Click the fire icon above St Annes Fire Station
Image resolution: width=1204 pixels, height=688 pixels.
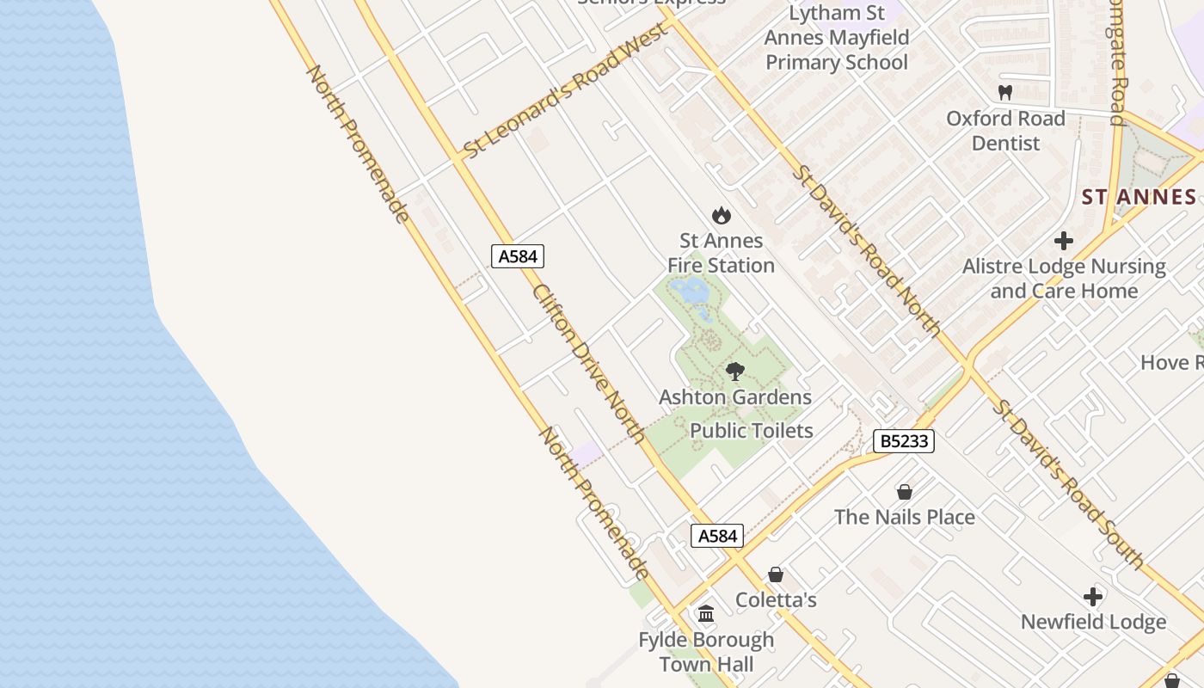721,216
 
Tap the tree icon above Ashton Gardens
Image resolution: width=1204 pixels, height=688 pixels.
734,372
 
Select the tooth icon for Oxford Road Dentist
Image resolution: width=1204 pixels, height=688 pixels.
1004,92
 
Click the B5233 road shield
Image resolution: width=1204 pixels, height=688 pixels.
903,441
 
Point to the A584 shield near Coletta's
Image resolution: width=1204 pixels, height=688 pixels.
717,536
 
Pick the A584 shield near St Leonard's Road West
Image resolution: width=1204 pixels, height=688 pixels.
518,256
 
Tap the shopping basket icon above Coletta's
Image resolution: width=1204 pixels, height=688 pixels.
776,574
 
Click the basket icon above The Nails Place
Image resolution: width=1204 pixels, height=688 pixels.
904,492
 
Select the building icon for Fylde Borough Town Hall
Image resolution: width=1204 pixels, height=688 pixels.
706,614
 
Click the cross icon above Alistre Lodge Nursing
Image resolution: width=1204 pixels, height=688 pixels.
1064,241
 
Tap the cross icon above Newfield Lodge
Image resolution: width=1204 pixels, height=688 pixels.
1092,597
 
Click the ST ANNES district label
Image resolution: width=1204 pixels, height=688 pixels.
1139,197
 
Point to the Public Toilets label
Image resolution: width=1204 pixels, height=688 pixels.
752,430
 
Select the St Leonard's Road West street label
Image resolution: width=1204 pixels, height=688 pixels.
565,91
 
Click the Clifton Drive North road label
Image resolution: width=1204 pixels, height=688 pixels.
589,363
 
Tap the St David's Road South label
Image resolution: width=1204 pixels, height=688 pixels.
1067,484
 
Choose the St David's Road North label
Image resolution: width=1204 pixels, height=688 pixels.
866,249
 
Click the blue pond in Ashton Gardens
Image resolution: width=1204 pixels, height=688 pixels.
691,292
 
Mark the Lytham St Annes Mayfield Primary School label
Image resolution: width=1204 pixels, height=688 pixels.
837,38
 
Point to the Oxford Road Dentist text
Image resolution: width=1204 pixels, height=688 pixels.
1005,131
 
